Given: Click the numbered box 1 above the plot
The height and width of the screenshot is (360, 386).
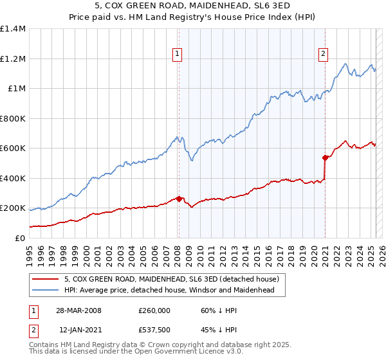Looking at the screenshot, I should pyautogui.click(x=176, y=54).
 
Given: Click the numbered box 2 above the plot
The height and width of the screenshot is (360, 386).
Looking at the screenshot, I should pyautogui.click(x=323, y=54).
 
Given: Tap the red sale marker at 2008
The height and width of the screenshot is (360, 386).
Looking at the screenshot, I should pyautogui.click(x=179, y=199).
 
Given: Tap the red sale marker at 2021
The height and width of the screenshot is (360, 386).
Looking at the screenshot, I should pyautogui.click(x=325, y=157).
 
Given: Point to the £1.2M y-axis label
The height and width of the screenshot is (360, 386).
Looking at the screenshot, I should pyautogui.click(x=13, y=59).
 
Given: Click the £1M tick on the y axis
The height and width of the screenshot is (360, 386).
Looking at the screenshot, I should pyautogui.click(x=17, y=88).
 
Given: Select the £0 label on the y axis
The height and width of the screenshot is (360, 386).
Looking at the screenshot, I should pyautogui.click(x=21, y=238).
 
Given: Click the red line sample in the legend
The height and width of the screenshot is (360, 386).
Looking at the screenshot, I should pyautogui.click(x=45, y=280).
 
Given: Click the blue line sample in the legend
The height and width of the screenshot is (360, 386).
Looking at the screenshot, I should pyautogui.click(x=45, y=291).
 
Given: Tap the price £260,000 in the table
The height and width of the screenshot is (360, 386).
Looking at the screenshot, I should pyautogui.click(x=154, y=310).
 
